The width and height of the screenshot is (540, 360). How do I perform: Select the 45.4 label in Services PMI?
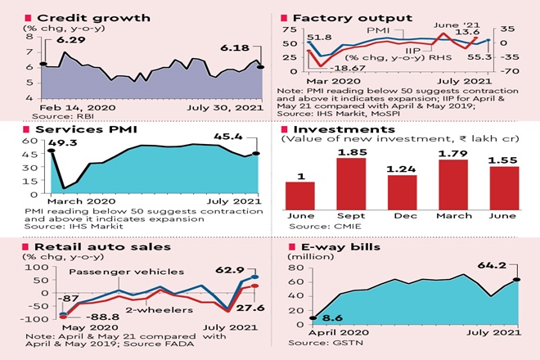tap(238, 139)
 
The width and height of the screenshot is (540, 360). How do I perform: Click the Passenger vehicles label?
tap(109, 272)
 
